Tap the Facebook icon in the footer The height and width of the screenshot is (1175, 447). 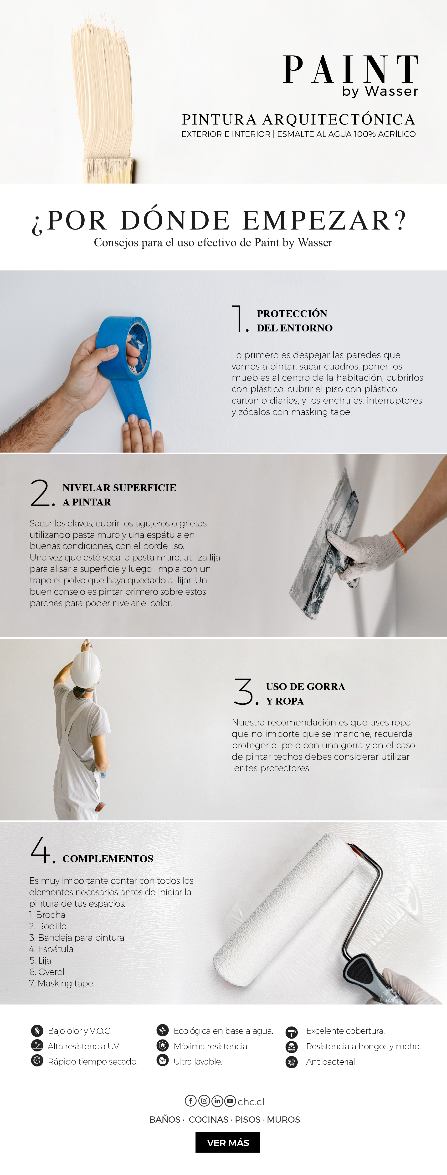tap(190, 1101)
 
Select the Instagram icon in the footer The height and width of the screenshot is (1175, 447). tap(204, 1101)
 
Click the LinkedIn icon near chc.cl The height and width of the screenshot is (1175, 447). tap(217, 1101)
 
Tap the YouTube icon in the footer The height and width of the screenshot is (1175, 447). tap(230, 1101)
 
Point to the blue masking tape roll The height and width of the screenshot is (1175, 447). tap(123, 347)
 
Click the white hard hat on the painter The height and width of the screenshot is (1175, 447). tap(86, 668)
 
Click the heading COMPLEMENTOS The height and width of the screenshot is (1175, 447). tap(108, 858)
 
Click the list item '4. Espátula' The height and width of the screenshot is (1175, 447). tap(51, 949)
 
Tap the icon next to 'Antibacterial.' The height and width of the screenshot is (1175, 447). tap(291, 1062)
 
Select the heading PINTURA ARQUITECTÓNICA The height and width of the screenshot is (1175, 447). tap(299, 120)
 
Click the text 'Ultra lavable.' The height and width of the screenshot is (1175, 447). tap(198, 1061)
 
